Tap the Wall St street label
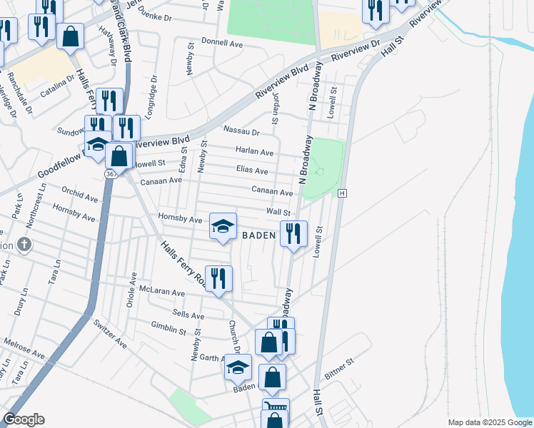[278, 212]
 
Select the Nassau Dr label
[241, 131]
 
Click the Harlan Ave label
[255, 152]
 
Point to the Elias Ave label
[251, 171]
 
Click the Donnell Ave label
[222, 43]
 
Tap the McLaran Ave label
[162, 292]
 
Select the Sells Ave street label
[188, 315]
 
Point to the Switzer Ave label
[110, 334]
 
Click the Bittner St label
[339, 369]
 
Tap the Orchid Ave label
[79, 193]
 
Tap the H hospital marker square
[343, 193]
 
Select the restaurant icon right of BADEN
[293, 233]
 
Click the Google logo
[24, 419]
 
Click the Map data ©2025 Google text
[490, 422]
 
